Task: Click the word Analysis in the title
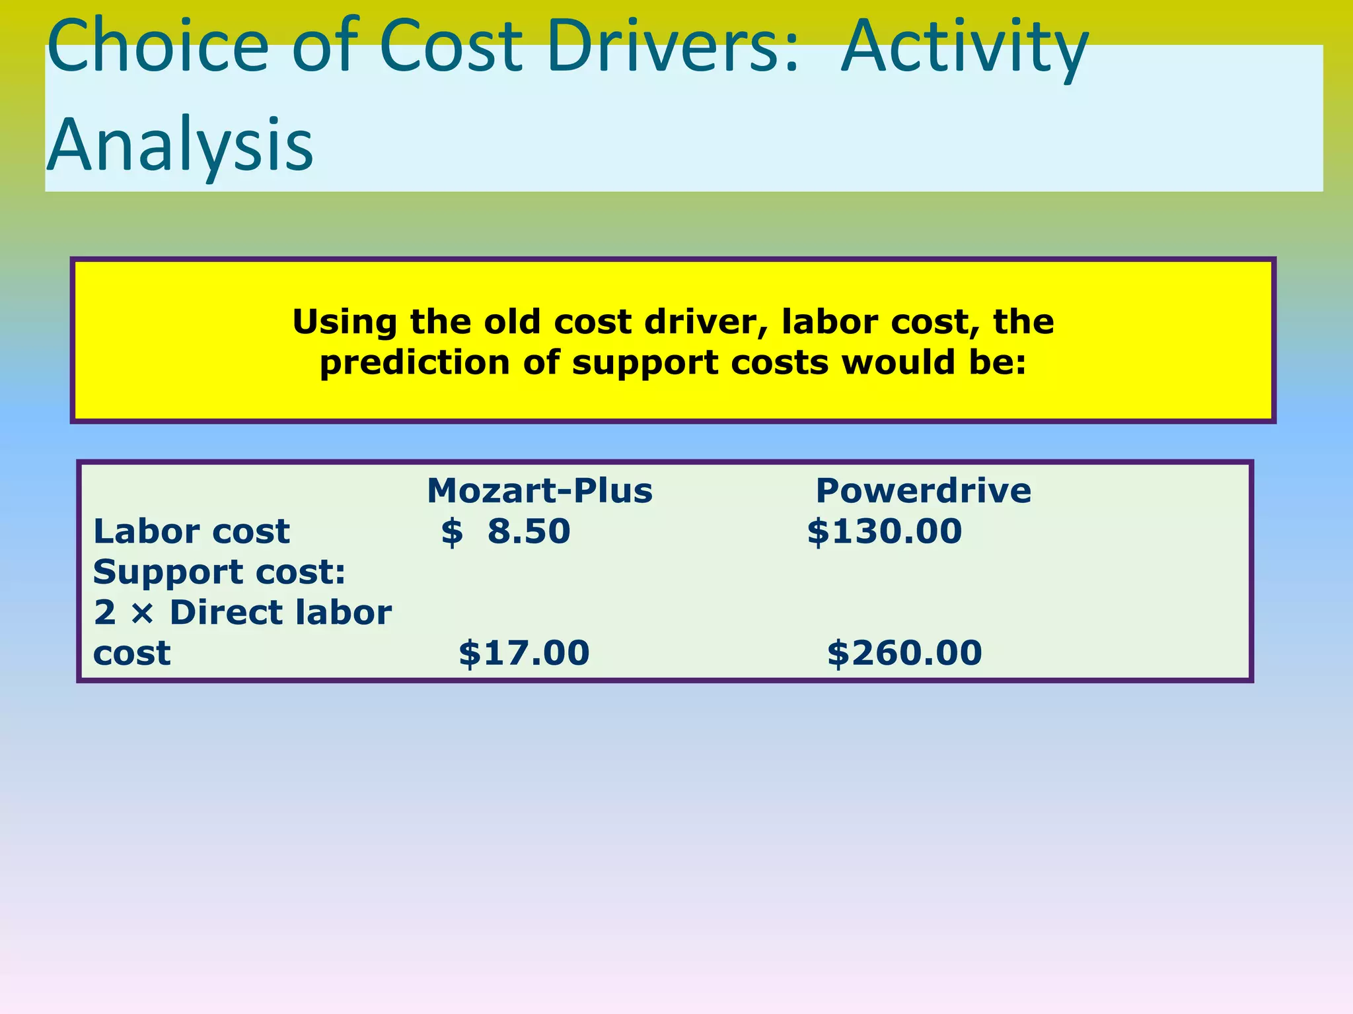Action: [x=180, y=145]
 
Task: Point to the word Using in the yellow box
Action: [x=345, y=323]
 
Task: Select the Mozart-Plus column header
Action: [x=540, y=491]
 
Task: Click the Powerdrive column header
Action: [x=923, y=491]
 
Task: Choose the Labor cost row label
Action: [x=192, y=531]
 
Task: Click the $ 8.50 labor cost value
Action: [x=506, y=531]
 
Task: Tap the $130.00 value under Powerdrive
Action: [x=885, y=531]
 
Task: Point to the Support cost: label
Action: [x=219, y=572]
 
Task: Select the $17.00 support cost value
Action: [x=524, y=653]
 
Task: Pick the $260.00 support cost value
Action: [x=904, y=653]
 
